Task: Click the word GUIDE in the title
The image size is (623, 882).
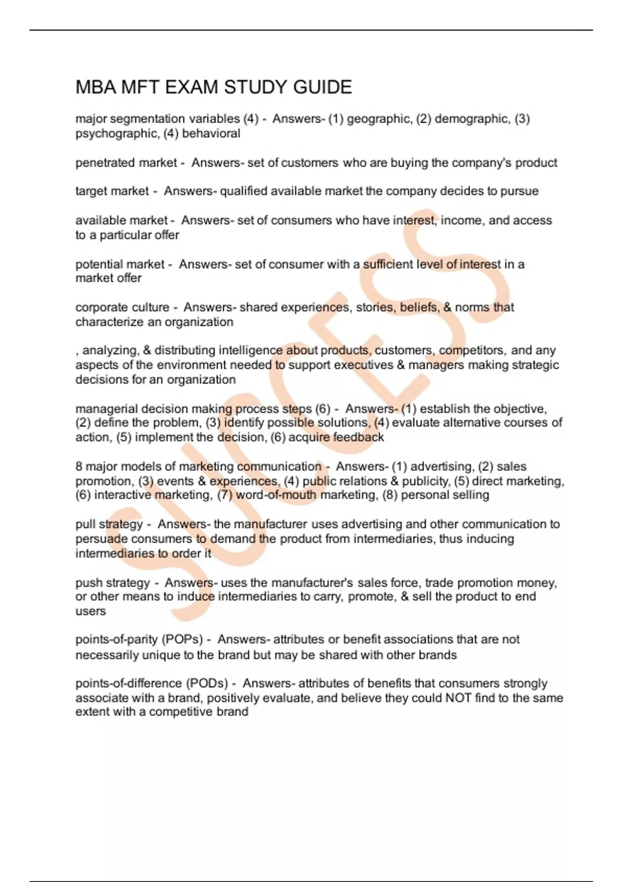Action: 322,87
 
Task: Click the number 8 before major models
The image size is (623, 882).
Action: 79,466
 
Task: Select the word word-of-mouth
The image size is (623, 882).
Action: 276,495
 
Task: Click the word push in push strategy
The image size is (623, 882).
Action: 89,583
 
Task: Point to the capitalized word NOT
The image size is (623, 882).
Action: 458,698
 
